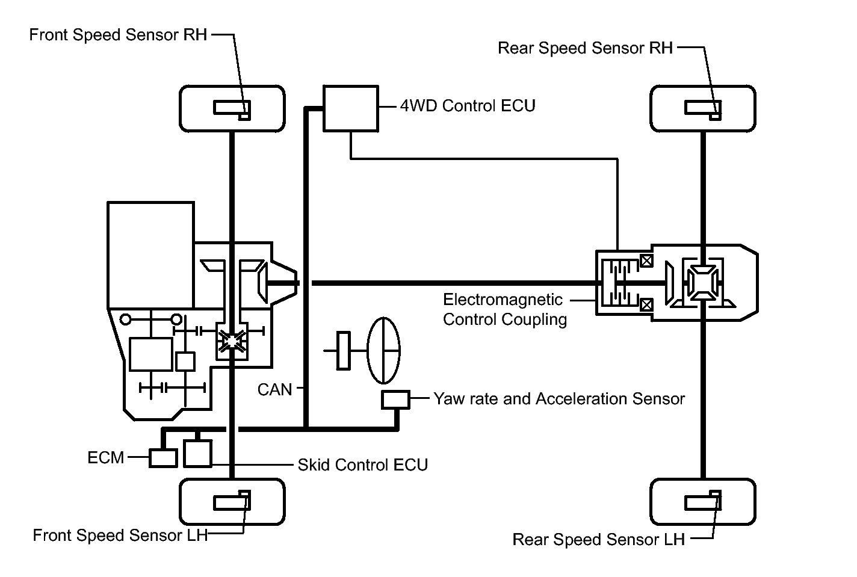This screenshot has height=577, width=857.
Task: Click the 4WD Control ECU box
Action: tap(351, 108)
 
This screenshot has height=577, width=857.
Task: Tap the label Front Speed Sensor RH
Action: tap(118, 35)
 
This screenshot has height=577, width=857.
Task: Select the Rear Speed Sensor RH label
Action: tap(585, 48)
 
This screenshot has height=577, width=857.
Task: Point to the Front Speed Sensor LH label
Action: tap(120, 535)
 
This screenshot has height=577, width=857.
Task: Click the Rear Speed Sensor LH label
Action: tap(598, 540)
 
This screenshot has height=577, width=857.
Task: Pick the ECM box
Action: tap(163, 458)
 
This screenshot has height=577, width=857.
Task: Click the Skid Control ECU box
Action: tap(197, 454)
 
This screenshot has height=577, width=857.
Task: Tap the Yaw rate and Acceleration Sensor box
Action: tap(395, 400)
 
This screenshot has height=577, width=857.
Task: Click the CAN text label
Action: tap(274, 390)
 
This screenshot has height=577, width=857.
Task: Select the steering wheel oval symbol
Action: tap(384, 350)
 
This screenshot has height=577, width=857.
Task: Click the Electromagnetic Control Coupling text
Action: tap(504, 309)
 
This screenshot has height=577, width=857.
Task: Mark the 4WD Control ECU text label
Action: tap(468, 106)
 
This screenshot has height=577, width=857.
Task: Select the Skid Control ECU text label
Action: tap(362, 465)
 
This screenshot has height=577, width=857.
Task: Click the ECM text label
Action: tap(105, 458)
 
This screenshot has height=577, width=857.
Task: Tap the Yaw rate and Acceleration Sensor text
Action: tap(559, 399)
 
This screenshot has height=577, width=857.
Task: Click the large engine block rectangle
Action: tap(150, 256)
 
